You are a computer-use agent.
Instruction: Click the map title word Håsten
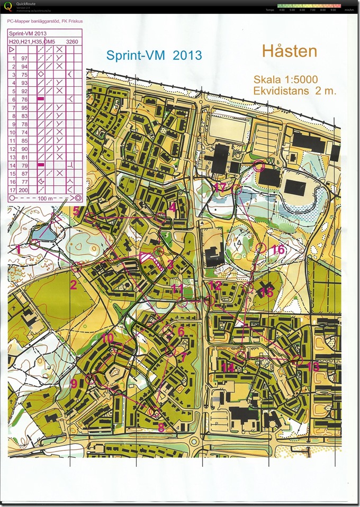(x=289, y=52)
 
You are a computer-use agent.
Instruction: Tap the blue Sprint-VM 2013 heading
(x=154, y=56)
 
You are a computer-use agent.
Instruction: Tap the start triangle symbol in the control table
(x=12, y=49)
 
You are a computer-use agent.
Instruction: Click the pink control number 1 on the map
(x=19, y=247)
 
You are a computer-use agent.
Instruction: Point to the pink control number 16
(x=278, y=250)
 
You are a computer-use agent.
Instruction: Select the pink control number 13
(x=313, y=366)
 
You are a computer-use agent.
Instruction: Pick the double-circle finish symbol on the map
(x=259, y=166)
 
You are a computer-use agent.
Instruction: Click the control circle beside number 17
(x=237, y=189)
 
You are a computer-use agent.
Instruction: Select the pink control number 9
(x=74, y=383)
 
